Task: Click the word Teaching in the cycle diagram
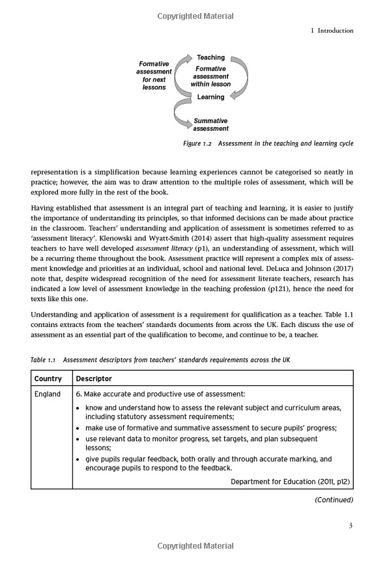(x=210, y=58)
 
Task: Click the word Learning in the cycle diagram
(x=210, y=97)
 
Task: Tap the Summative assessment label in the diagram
(x=210, y=124)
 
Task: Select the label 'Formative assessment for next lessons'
(x=154, y=76)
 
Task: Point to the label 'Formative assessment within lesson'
(x=210, y=76)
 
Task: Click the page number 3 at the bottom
(x=351, y=527)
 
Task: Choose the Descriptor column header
(x=94, y=379)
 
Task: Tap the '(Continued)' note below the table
(x=334, y=500)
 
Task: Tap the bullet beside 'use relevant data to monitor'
(x=78, y=439)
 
